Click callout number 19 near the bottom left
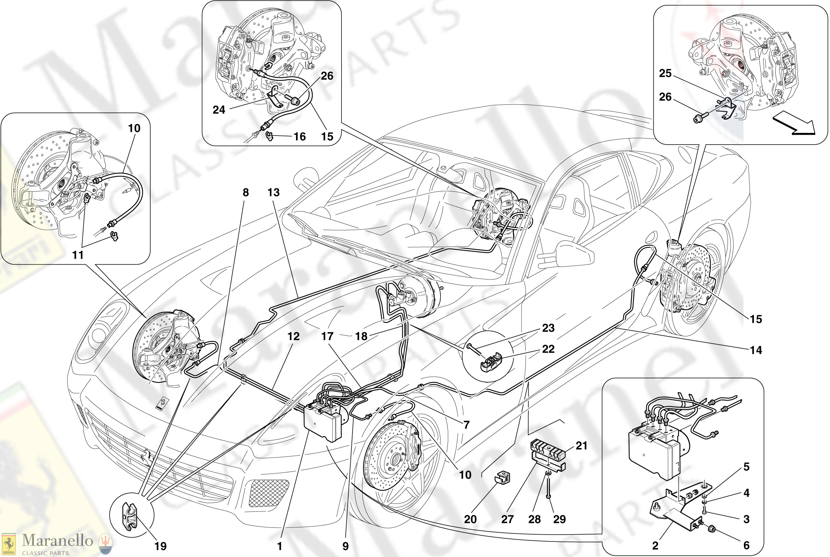161,546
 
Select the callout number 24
219,110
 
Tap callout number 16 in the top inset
299,137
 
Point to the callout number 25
665,73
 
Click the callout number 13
273,193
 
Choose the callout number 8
246,193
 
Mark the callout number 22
548,349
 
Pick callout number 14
756,350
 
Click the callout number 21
581,445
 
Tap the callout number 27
507,519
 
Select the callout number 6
746,546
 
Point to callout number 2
655,546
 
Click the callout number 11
78,255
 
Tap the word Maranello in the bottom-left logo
57,540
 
